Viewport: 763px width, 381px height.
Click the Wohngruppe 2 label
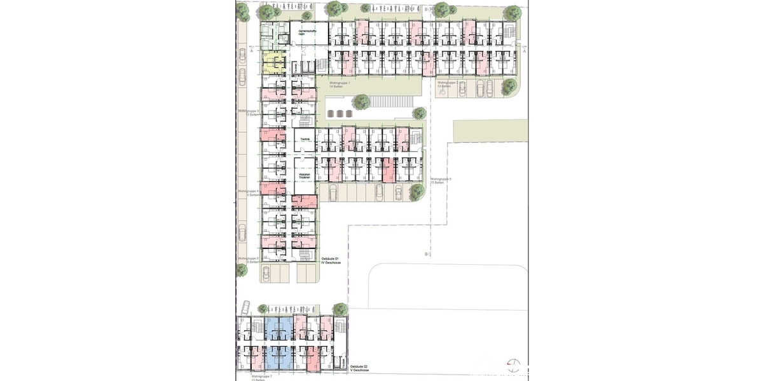pos(448,84)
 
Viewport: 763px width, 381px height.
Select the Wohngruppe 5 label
pos(441,181)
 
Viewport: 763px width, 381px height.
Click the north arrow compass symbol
pos(513,365)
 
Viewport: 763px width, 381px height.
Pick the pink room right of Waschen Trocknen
pos(305,202)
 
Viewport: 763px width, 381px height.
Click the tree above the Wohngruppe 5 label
pos(419,114)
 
